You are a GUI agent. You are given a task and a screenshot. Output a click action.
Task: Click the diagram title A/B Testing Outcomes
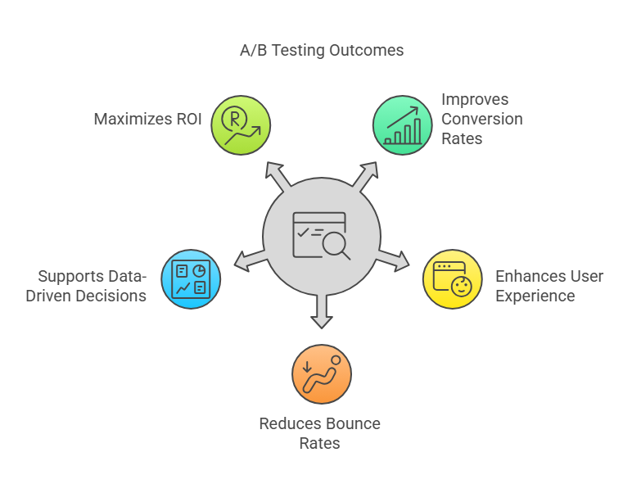point(321,50)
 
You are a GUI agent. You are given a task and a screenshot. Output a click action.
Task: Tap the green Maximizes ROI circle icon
point(241,125)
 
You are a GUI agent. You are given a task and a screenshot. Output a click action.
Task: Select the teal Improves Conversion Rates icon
point(402,125)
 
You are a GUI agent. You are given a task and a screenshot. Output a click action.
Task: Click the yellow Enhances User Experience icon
point(452,278)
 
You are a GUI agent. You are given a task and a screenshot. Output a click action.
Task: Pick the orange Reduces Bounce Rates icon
point(321,374)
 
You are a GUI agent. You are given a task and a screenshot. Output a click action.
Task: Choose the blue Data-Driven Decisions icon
point(191,279)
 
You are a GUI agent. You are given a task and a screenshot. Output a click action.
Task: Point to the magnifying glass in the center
point(334,242)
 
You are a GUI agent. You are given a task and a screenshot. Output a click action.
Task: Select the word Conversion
point(481,119)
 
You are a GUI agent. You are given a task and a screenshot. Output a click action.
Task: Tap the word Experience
point(535,296)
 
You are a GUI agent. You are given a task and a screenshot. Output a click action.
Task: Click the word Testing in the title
point(297,50)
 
